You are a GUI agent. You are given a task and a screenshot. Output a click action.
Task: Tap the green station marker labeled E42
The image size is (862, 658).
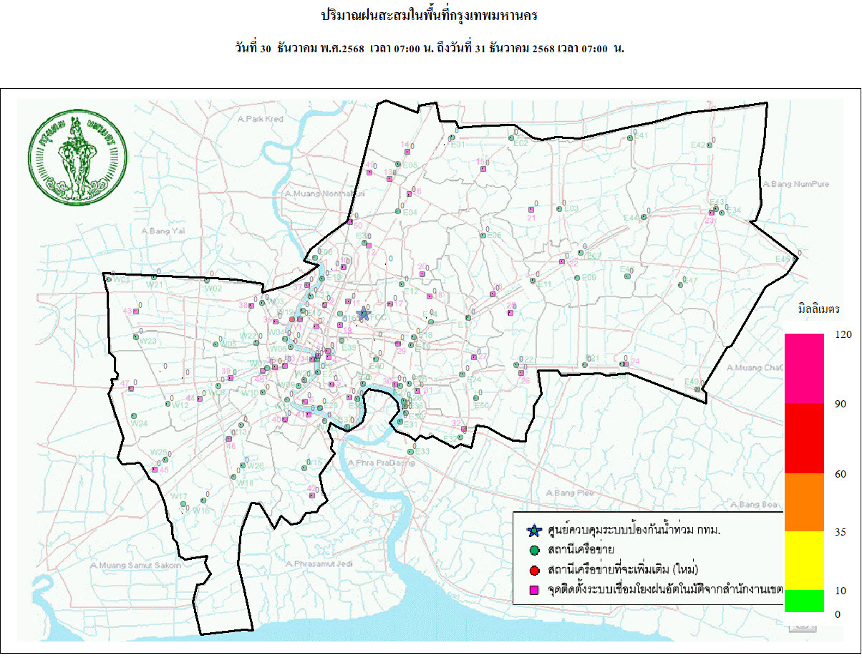tap(709, 145)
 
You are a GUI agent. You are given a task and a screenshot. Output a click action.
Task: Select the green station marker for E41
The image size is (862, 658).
tap(630, 139)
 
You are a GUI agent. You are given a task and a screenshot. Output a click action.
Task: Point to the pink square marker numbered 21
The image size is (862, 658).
tap(531, 210)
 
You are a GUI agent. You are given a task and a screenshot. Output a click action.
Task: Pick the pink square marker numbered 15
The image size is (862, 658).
tap(484, 169)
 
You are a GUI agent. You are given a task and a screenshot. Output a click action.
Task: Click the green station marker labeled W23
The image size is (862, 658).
tap(135, 337)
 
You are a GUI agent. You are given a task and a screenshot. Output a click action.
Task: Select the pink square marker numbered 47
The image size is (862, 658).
tap(131, 389)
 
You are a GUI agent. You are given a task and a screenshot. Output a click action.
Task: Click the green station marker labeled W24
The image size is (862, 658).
tap(134, 416)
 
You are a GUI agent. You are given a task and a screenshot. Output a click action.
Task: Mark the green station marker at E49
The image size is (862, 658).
tap(697, 389)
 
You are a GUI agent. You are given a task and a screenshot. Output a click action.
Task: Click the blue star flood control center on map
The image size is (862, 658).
tap(363, 314)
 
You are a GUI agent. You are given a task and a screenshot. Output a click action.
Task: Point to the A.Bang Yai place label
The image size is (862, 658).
tap(163, 231)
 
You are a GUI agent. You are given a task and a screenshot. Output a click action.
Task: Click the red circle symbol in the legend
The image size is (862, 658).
tap(533, 570)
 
